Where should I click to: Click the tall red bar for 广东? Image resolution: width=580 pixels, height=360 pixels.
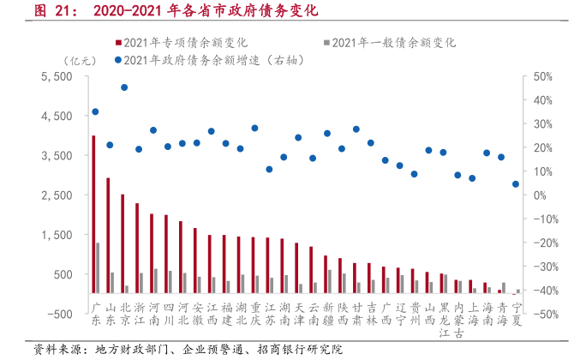tap(93, 214)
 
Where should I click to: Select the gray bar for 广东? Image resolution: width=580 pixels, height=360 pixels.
tap(98, 267)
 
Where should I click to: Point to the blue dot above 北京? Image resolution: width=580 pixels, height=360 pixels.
tap(124, 87)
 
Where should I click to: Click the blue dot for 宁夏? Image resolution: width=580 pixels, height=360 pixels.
tap(516, 183)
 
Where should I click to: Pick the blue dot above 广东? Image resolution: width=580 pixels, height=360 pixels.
tap(95, 111)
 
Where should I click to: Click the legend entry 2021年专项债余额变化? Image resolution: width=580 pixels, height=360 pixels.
tap(176, 41)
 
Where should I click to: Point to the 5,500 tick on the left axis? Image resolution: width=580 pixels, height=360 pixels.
tap(59, 76)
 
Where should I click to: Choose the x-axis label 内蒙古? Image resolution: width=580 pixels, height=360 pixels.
tap(457, 314)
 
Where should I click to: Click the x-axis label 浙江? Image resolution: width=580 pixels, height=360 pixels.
tap(138, 314)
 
